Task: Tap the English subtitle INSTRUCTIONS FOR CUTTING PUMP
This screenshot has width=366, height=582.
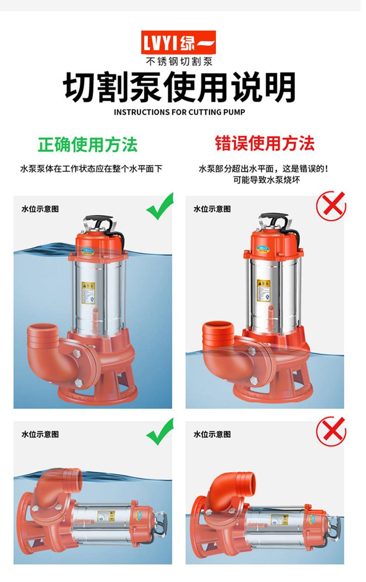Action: pyautogui.click(x=179, y=112)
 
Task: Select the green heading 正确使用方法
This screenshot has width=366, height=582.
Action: pyautogui.click(x=88, y=144)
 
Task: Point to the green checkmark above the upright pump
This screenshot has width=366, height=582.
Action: pyautogui.click(x=160, y=207)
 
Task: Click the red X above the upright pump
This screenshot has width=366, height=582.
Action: pyautogui.click(x=331, y=206)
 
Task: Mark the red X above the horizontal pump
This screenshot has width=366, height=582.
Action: pyautogui.click(x=331, y=431)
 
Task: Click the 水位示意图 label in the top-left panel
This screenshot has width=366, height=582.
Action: pyautogui.click(x=40, y=209)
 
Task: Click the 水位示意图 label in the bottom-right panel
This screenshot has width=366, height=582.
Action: pyautogui.click(x=212, y=434)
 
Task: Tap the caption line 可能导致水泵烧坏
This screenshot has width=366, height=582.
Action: pyautogui.click(x=266, y=180)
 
